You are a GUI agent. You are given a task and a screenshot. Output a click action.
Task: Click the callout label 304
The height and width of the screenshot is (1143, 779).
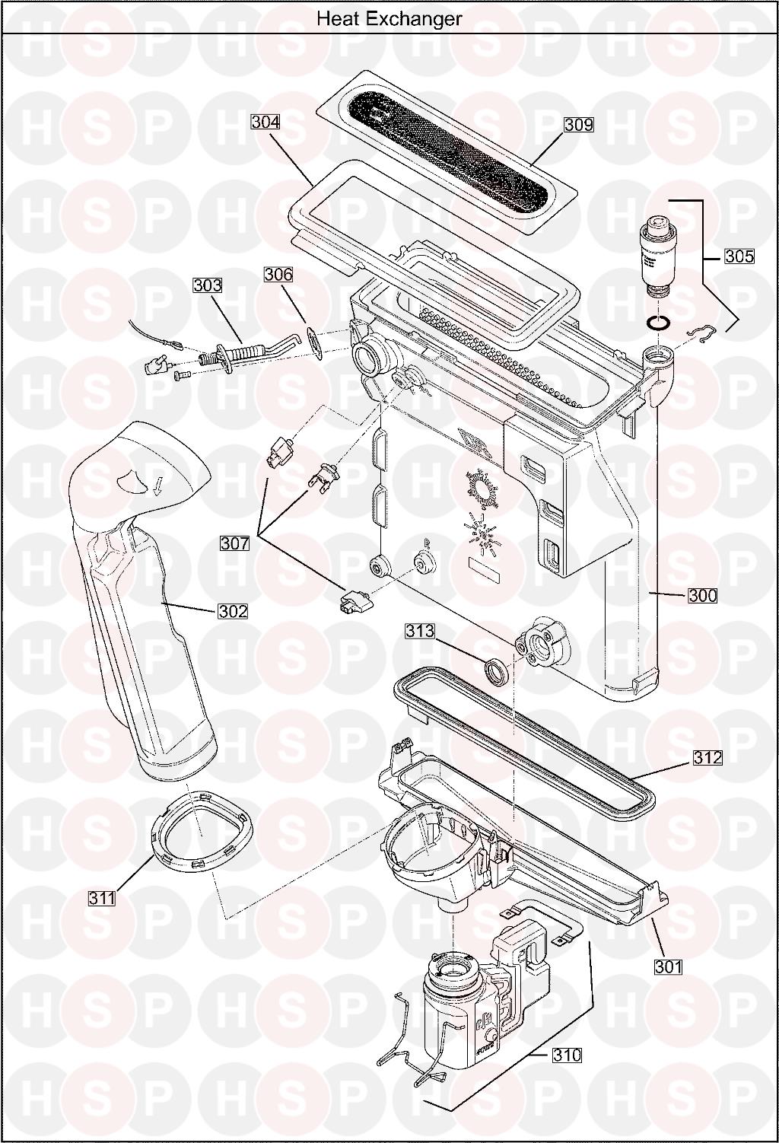[265, 123]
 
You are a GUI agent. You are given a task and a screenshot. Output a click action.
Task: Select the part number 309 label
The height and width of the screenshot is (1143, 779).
[578, 125]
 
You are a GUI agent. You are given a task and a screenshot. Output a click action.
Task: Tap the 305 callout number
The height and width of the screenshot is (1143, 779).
[739, 256]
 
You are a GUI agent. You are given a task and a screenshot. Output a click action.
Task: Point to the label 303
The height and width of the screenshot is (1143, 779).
[208, 285]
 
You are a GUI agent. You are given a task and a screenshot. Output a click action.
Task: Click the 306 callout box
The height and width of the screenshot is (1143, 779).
[278, 275]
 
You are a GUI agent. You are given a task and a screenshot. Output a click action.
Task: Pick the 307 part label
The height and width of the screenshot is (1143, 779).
[235, 543]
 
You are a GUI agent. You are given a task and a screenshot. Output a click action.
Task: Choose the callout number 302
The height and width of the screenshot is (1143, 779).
[233, 611]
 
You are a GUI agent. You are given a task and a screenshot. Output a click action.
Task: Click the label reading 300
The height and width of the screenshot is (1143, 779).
[702, 596]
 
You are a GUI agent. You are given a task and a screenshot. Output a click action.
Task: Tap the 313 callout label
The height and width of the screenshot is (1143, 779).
[421, 631]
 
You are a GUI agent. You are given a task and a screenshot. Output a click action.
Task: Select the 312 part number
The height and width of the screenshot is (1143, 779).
[707, 758]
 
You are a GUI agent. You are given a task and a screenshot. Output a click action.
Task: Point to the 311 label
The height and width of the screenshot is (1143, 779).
[102, 898]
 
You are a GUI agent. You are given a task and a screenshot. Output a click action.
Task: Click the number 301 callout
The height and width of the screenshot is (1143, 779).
[669, 966]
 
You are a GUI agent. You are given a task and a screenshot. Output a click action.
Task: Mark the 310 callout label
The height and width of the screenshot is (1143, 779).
[567, 1055]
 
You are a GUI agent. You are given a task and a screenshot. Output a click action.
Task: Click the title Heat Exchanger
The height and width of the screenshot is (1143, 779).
[389, 19]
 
